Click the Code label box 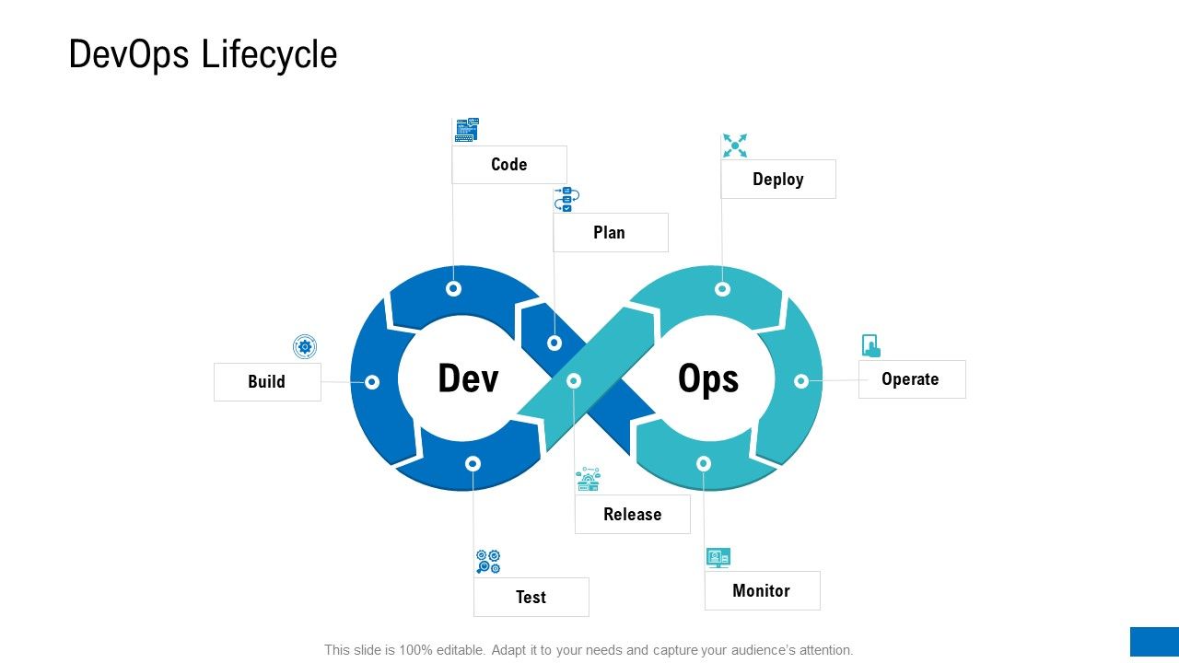tap(509, 165)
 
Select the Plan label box tap(611, 232)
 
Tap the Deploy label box tap(778, 179)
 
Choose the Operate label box tap(912, 378)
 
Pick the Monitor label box tap(762, 590)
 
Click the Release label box tap(632, 514)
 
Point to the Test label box tap(531, 597)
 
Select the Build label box tap(267, 382)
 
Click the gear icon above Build tap(305, 347)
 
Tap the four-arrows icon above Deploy tap(735, 145)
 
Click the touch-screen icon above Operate tap(871, 345)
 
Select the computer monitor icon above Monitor tap(718, 558)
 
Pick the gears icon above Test tap(488, 562)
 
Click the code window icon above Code tap(467, 130)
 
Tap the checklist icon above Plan tap(566, 200)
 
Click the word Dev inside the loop tap(468, 378)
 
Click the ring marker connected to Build tap(372, 382)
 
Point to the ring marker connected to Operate tap(801, 381)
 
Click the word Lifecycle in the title tap(270, 54)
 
